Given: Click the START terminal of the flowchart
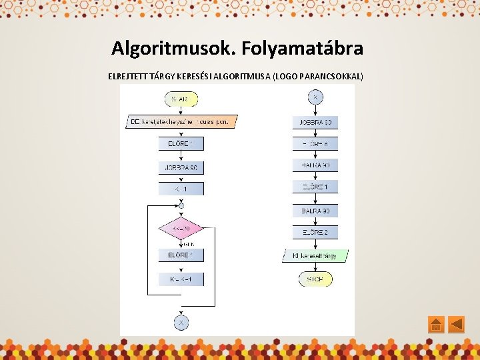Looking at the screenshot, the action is pyautogui.click(x=181, y=99).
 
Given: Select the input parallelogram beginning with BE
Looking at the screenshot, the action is pyautogui.click(x=181, y=122).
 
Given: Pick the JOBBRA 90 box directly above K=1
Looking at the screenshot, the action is pyautogui.click(x=181, y=167).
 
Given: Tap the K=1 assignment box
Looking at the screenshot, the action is pyautogui.click(x=181, y=189).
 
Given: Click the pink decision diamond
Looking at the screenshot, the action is pyautogui.click(x=181, y=229).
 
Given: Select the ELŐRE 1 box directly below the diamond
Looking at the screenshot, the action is pyautogui.click(x=181, y=255).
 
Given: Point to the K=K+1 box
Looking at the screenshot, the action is pyautogui.click(x=181, y=279).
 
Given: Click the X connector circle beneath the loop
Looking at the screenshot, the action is pyautogui.click(x=181, y=322).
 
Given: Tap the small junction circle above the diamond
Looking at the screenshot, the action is pyautogui.click(x=181, y=206).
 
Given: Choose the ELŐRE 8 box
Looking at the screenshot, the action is pyautogui.click(x=315, y=144).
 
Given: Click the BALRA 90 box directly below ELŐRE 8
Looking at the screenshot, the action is pyautogui.click(x=315, y=165).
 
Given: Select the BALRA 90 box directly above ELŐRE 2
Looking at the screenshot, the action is pyautogui.click(x=315, y=211).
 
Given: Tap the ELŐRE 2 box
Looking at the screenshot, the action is pyautogui.click(x=315, y=233).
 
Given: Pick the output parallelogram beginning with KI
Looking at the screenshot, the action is pyautogui.click(x=315, y=255).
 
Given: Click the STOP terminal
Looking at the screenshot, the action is pyautogui.click(x=315, y=279).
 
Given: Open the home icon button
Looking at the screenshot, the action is pyautogui.click(x=435, y=325).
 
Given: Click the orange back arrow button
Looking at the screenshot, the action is pyautogui.click(x=456, y=325).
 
